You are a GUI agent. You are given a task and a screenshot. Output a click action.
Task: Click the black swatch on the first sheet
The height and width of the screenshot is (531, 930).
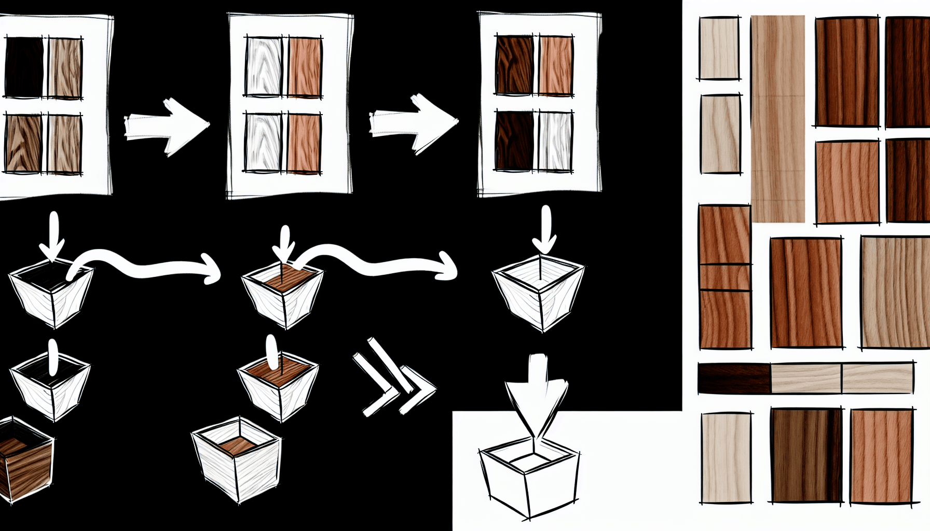pos(24,67)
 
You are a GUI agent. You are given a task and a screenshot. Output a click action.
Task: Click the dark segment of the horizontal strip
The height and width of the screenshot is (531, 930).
pos(734,378)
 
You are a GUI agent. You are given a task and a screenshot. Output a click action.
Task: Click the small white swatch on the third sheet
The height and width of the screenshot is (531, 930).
pos(555,141)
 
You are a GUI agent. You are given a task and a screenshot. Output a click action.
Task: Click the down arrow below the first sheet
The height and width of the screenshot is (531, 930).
pos(52,236)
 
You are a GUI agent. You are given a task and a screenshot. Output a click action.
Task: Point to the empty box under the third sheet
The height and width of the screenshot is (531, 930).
pos(539,293)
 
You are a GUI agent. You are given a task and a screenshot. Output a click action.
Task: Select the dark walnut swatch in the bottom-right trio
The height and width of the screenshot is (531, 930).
pos(806,455)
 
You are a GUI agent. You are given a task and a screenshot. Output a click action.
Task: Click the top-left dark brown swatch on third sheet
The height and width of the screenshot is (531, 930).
pos(514,65)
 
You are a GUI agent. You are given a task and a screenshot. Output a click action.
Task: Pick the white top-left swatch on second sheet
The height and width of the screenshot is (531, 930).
pos(264,66)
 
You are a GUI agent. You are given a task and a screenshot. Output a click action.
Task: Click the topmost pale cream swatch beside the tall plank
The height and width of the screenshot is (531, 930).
pos(719,48)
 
